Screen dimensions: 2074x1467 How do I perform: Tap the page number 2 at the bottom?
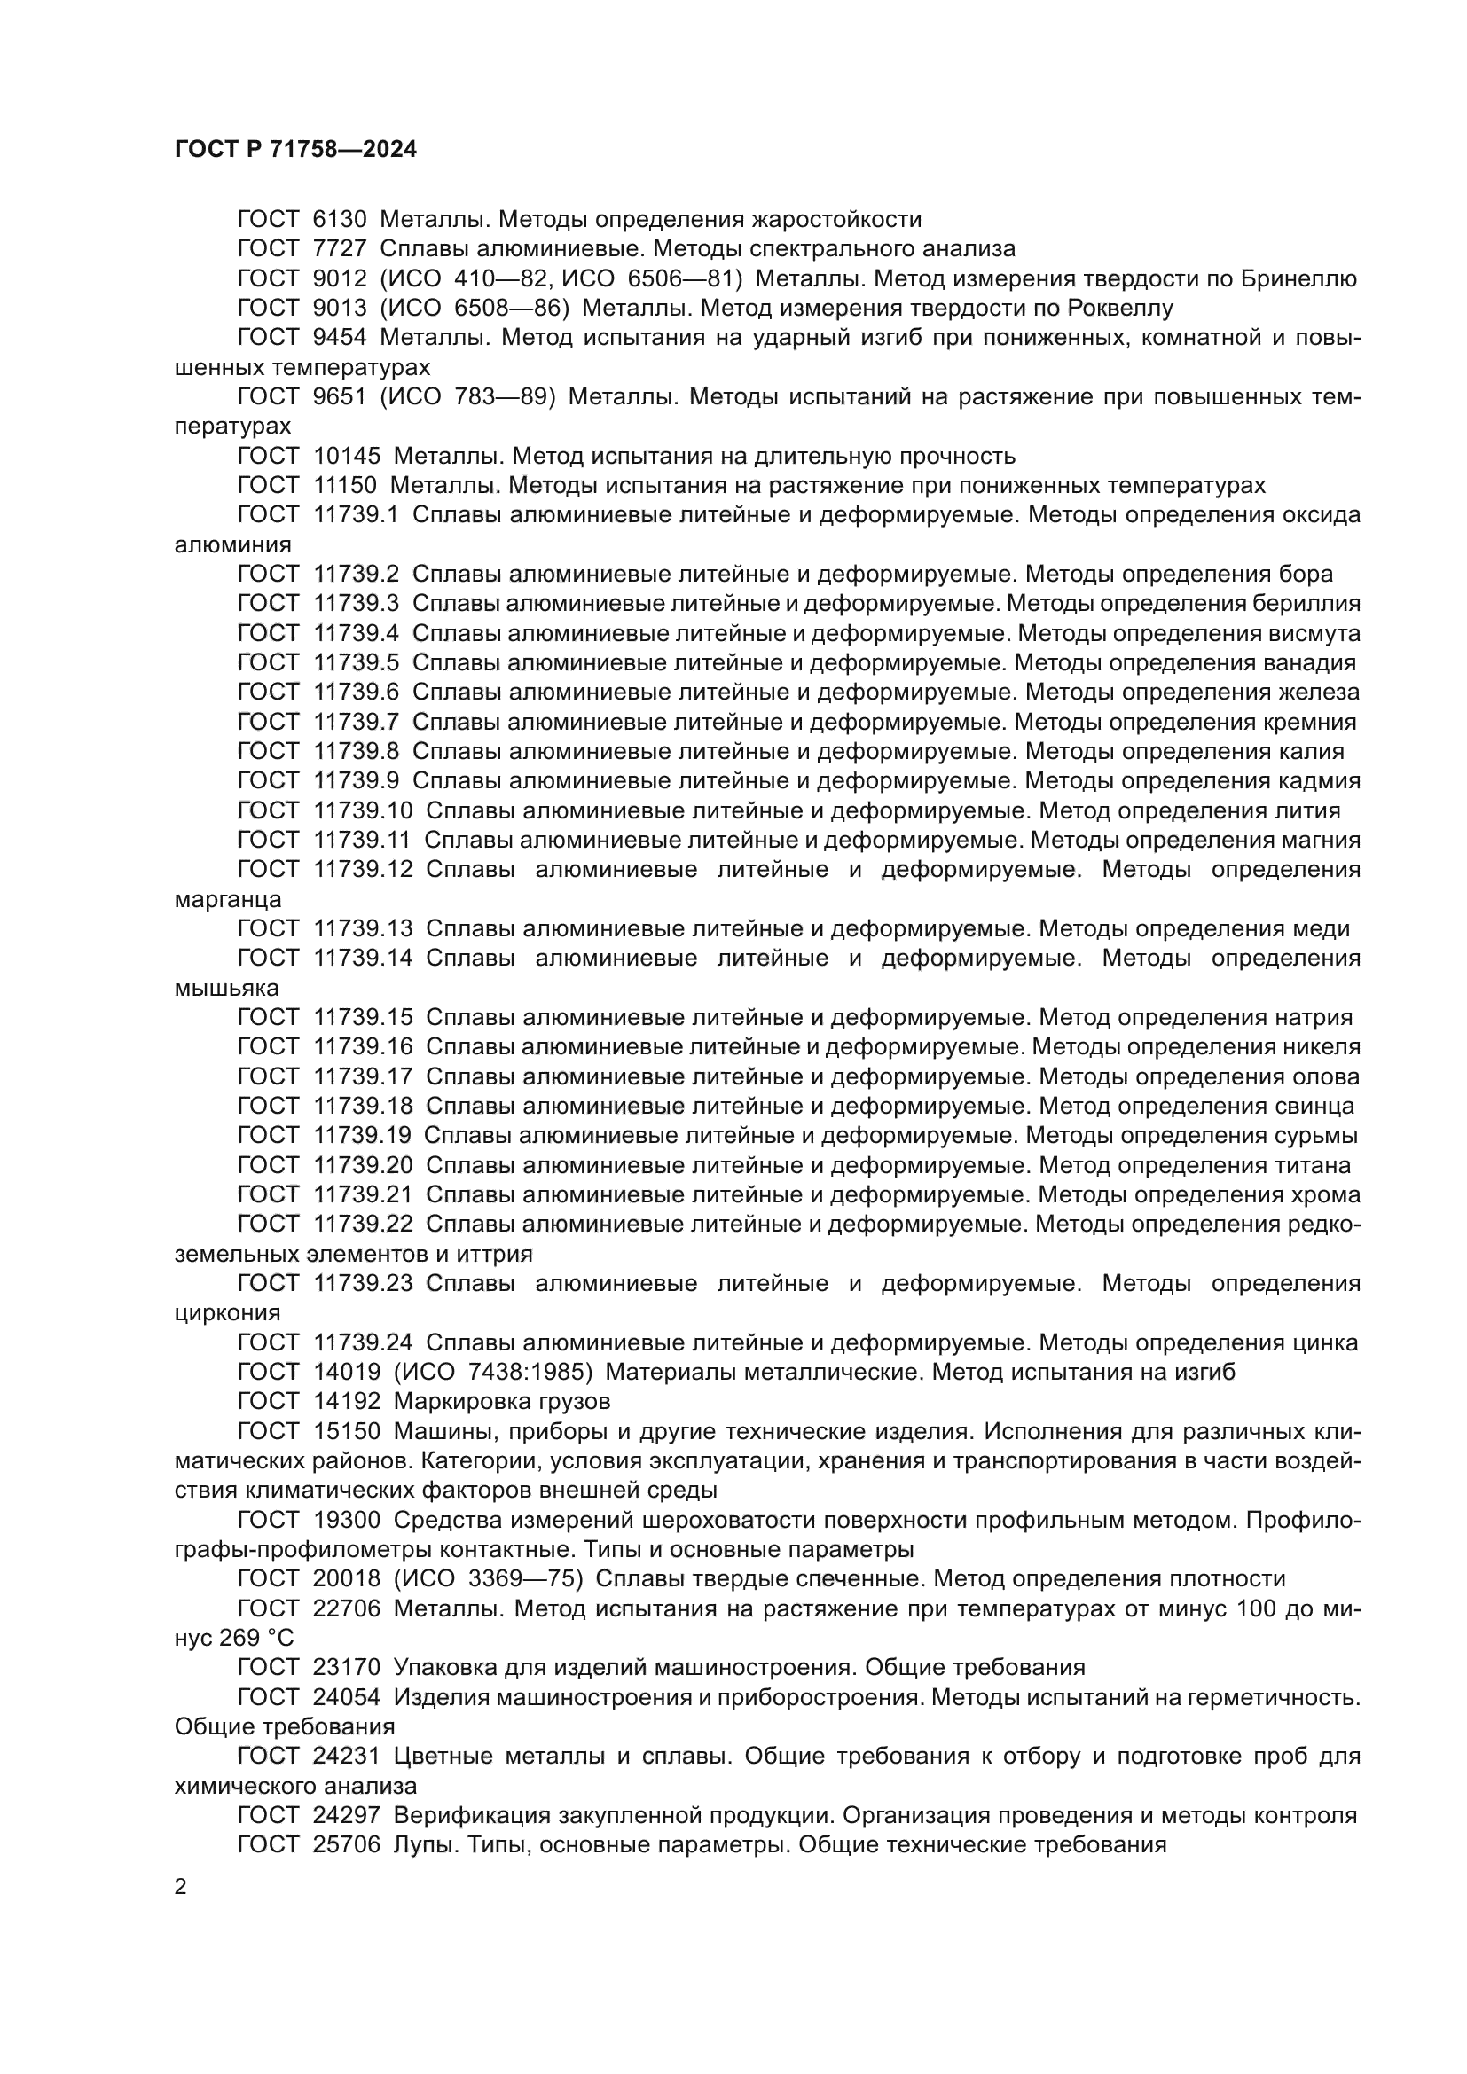[181, 1887]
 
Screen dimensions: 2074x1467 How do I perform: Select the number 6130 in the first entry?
[341, 220]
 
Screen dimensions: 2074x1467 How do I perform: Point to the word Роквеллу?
[1119, 309]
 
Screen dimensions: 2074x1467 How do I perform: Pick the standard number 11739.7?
[356, 723]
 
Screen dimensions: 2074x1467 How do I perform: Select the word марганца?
[228, 900]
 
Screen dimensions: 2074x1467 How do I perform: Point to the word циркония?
[227, 1312]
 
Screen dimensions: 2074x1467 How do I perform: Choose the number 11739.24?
[363, 1343]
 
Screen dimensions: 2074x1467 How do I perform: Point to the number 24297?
[347, 1816]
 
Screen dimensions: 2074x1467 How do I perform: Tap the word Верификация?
[473, 1816]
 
